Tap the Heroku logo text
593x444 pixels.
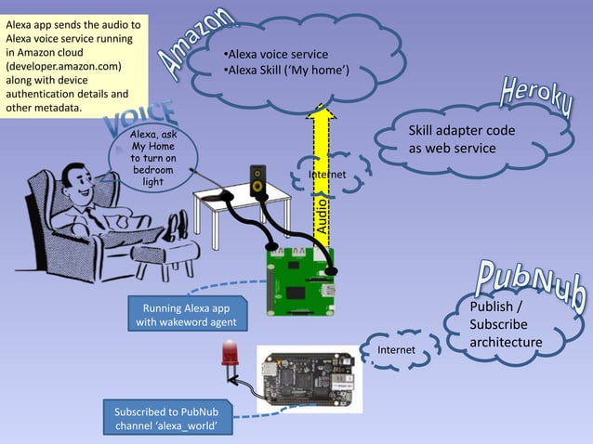(x=536, y=100)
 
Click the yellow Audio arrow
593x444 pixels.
(x=322, y=176)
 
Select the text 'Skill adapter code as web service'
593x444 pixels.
(x=461, y=140)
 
